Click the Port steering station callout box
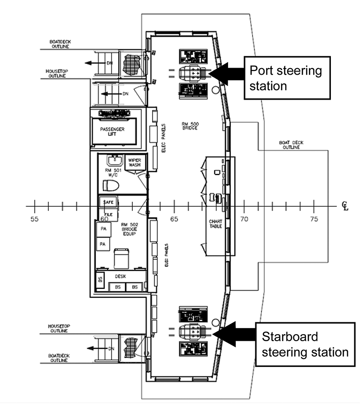[286, 78]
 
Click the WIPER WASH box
[135, 164]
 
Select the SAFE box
[107, 202]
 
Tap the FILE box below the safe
[107, 214]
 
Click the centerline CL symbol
[345, 207]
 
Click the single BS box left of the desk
[100, 279]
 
